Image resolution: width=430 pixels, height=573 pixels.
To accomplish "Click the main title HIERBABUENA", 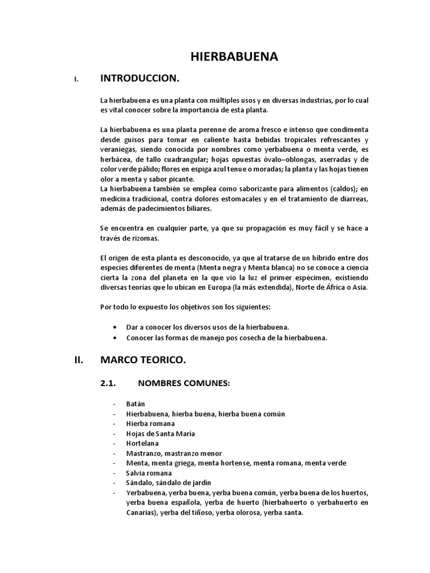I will [235, 57].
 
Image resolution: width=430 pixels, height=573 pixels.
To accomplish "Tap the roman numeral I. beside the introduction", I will [76, 79].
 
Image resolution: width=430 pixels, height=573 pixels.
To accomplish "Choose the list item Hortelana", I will [143, 443].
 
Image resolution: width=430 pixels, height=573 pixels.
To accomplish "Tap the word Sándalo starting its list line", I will [140, 482].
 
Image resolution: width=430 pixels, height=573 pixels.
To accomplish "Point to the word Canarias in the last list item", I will [141, 512].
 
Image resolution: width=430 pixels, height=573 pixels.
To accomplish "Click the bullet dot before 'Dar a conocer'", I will [115, 326].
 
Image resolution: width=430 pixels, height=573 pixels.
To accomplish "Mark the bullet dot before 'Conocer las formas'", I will [115, 337].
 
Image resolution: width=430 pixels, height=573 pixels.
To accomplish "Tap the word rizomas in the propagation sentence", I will [145, 238].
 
